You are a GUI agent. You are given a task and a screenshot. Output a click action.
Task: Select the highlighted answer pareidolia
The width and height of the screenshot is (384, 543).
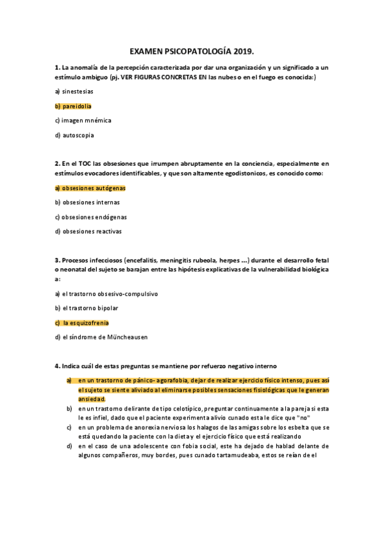click(77, 106)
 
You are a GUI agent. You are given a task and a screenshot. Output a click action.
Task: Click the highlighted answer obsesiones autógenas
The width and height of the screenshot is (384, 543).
click(90, 188)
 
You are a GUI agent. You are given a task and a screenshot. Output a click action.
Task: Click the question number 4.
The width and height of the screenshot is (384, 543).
click(57, 366)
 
